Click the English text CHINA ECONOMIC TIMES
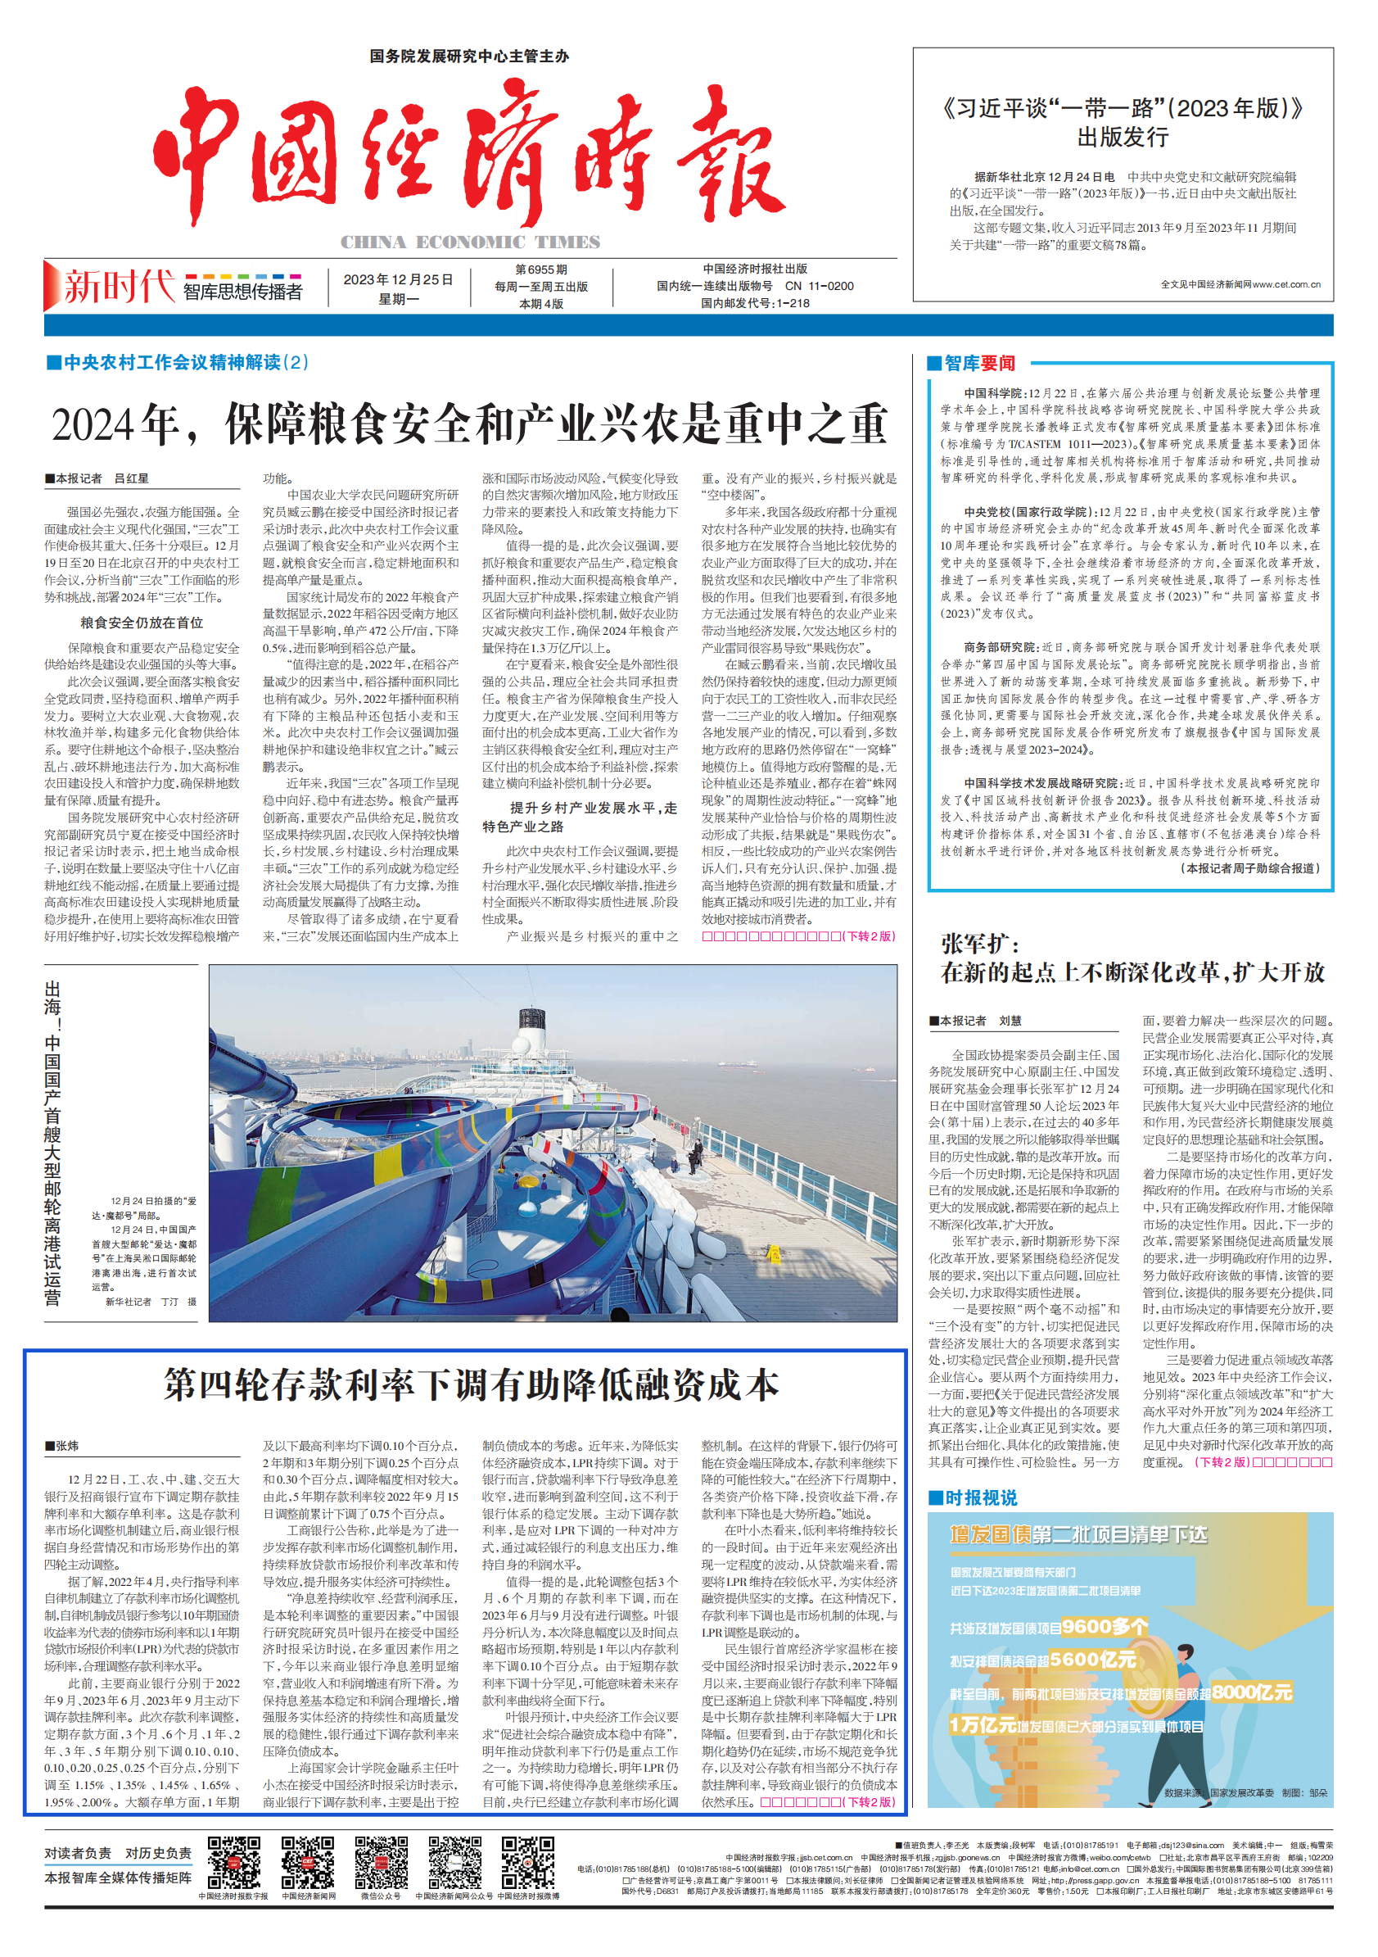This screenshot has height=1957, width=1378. tap(471, 243)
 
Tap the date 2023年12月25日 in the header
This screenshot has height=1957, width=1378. tap(398, 280)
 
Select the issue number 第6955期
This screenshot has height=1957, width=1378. tap(540, 270)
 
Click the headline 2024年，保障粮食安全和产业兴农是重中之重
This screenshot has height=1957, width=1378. tap(469, 424)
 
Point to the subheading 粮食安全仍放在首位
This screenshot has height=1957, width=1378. tap(142, 623)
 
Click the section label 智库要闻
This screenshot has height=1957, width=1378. tap(979, 364)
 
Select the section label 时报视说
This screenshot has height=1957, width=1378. tap(980, 1497)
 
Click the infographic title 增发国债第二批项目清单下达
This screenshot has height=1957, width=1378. tap(1078, 1535)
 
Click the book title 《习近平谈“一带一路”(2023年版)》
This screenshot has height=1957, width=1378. tap(1123, 109)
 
